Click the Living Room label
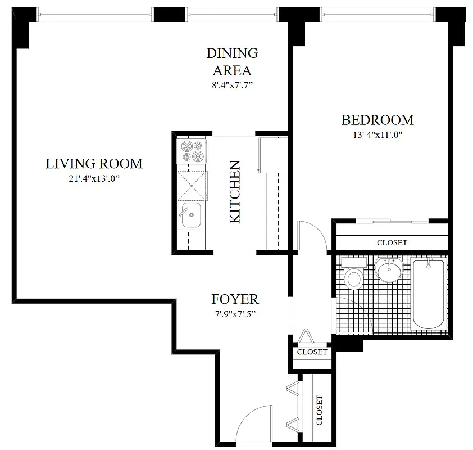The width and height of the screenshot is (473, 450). pyautogui.click(x=94, y=164)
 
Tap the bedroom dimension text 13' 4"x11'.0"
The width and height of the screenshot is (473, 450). pyautogui.click(x=377, y=134)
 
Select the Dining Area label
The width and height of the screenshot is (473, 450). pyautogui.click(x=232, y=62)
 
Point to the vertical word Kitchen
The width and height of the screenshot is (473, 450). pyautogui.click(x=235, y=192)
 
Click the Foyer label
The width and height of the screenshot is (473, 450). pyautogui.click(x=235, y=299)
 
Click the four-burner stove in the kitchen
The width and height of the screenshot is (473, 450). pyautogui.click(x=192, y=151)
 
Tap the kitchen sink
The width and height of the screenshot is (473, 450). pyautogui.click(x=192, y=215)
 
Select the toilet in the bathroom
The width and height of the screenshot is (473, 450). pyautogui.click(x=354, y=276)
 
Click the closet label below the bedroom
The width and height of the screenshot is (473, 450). pyautogui.click(x=392, y=242)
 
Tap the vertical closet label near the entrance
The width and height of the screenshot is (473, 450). pyautogui.click(x=319, y=410)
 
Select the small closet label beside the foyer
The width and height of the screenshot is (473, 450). pyautogui.click(x=312, y=352)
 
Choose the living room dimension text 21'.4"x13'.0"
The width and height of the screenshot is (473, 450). pyautogui.click(x=94, y=178)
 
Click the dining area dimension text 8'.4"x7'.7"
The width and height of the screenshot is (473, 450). pyautogui.click(x=232, y=85)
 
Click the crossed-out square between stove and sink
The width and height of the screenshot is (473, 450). pyautogui.click(x=192, y=183)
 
